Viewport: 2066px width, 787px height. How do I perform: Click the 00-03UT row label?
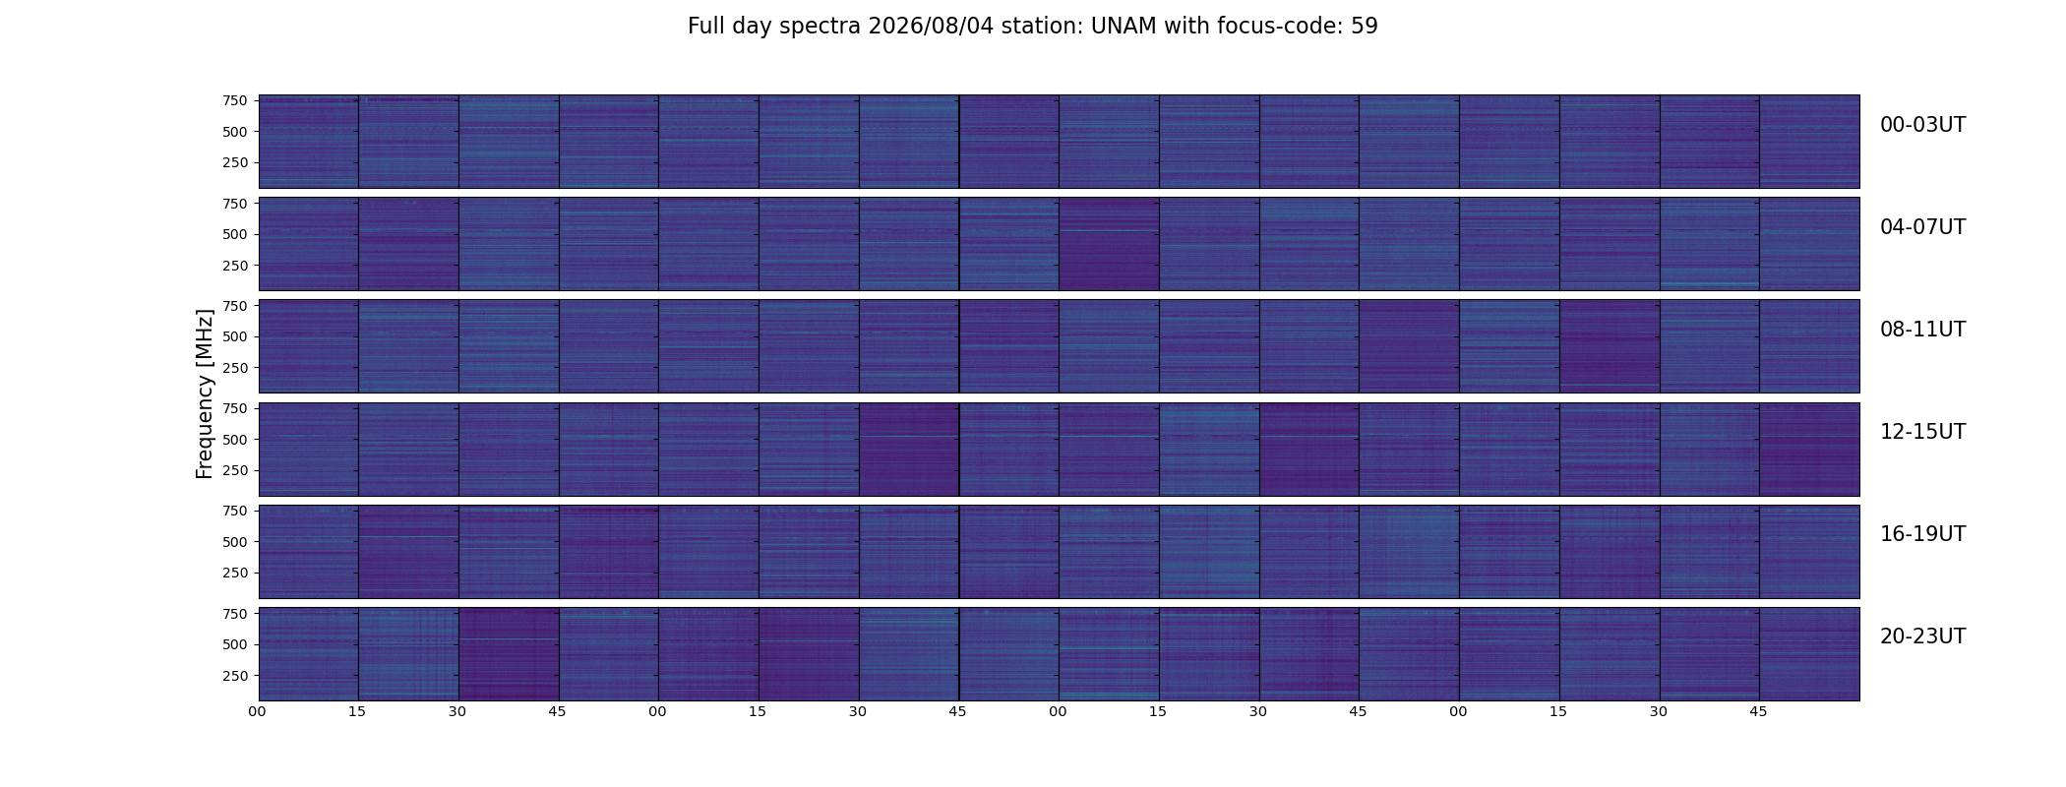tap(1922, 125)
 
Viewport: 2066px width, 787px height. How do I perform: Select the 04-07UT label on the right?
tap(1922, 227)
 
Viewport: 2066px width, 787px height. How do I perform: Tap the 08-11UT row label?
tap(1922, 330)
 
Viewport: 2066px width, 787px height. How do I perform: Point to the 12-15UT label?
tap(1922, 432)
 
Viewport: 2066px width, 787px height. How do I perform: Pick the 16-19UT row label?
tap(1922, 534)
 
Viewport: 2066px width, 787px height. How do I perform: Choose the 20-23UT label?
tap(1922, 636)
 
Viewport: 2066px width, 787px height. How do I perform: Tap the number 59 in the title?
tap(1365, 27)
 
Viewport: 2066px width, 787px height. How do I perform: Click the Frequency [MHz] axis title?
tap(205, 393)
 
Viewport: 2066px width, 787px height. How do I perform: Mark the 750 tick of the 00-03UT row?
tap(234, 100)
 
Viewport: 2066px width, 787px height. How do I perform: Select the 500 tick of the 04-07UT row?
tap(234, 234)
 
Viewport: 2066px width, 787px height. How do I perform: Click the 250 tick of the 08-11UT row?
tap(234, 368)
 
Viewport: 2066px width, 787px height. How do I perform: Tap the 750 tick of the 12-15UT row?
tap(234, 408)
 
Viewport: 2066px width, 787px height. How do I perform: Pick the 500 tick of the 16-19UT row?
tap(234, 542)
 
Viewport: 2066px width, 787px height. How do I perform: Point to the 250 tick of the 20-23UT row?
tap(234, 676)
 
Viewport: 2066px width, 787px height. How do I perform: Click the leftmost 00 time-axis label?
tap(257, 711)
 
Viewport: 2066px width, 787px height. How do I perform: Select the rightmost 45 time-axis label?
tap(1758, 711)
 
